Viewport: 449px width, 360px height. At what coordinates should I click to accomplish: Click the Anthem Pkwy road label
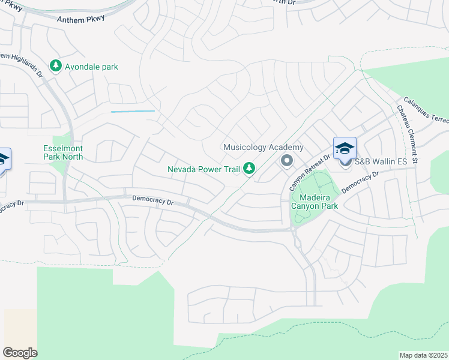click(80, 19)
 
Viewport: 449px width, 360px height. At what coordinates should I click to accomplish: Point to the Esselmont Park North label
click(63, 152)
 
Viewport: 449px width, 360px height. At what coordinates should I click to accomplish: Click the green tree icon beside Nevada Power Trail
click(249, 169)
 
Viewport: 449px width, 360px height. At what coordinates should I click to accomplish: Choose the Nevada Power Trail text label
click(203, 169)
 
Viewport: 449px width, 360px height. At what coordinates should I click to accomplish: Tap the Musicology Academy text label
click(263, 147)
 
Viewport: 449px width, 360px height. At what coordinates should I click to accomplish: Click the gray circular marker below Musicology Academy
click(286, 160)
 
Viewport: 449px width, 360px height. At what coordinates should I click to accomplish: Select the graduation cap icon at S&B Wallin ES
click(345, 148)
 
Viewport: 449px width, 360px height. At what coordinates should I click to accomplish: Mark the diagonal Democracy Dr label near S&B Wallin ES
click(360, 182)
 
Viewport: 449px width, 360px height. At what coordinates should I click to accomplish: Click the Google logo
click(20, 353)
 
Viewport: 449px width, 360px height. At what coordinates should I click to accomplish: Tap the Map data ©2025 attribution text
click(423, 355)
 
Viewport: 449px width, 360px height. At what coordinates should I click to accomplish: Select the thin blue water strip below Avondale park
click(133, 111)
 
